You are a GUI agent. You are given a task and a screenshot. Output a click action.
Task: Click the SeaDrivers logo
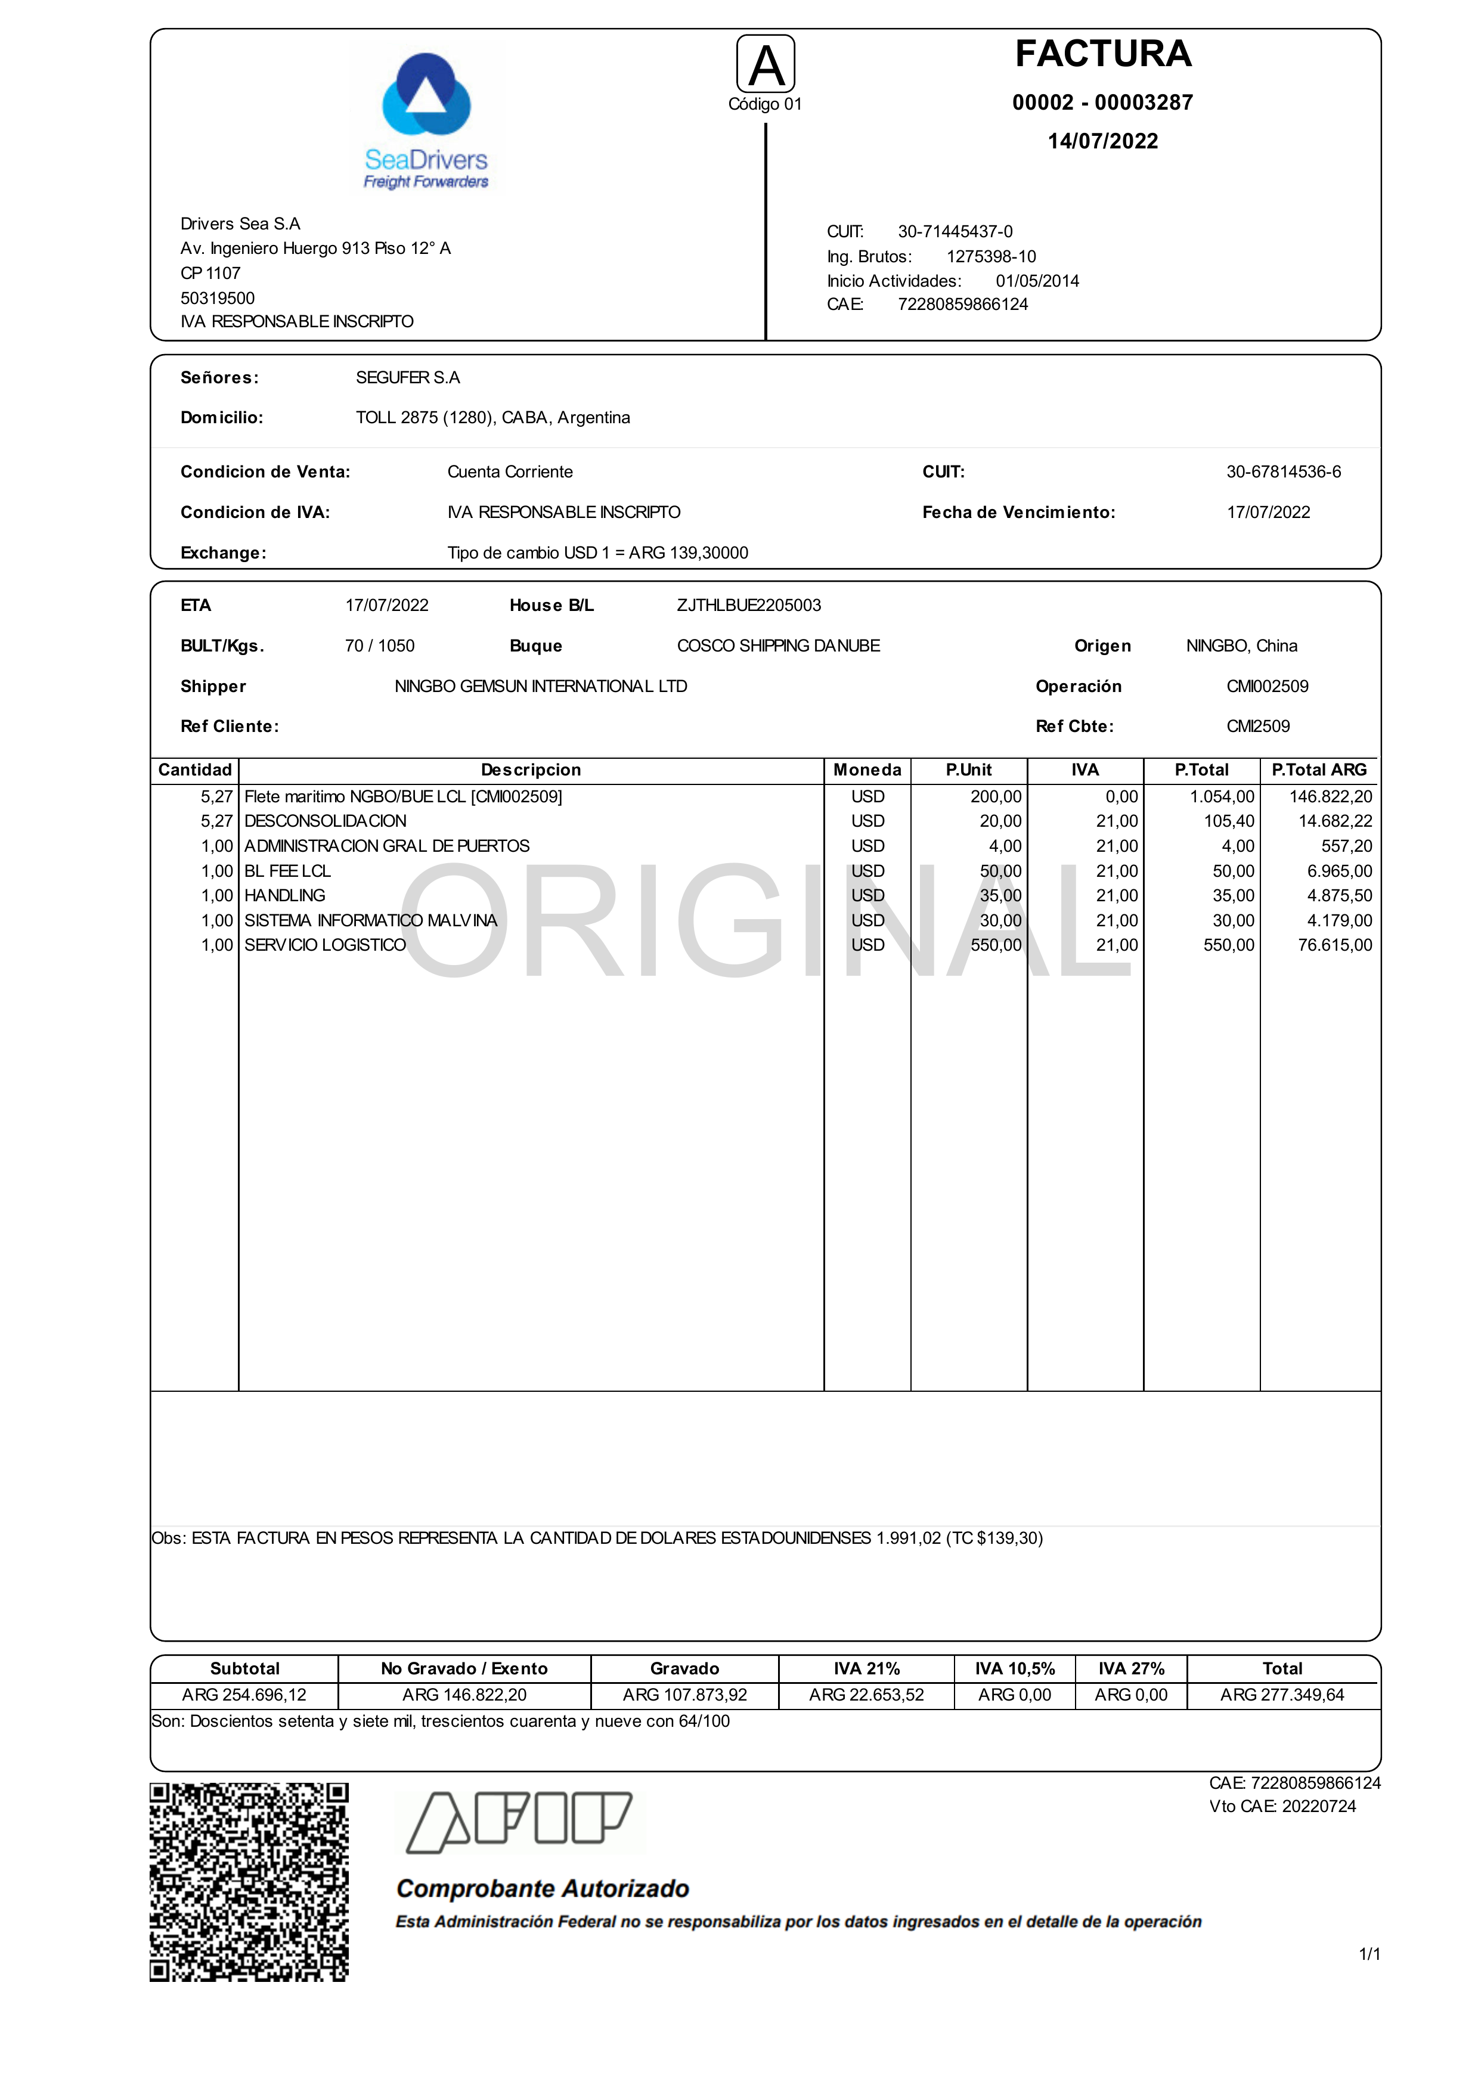click(426, 120)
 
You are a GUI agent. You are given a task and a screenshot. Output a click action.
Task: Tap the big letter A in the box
click(766, 66)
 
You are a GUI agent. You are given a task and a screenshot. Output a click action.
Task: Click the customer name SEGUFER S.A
click(408, 378)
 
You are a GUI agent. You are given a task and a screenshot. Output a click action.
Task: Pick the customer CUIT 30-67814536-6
click(1283, 471)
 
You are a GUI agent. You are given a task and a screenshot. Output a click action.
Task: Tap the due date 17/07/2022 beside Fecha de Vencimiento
click(1268, 513)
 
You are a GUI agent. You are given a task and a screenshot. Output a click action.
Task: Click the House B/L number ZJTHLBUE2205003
click(749, 606)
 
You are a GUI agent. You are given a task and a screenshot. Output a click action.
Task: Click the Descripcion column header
click(531, 771)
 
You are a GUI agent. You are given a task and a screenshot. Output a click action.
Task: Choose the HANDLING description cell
click(285, 896)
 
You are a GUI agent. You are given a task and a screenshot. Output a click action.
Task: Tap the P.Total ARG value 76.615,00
click(1334, 945)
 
